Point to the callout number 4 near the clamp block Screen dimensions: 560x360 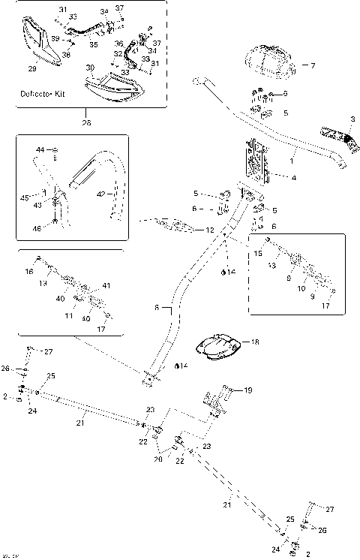293,178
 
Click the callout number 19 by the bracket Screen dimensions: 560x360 248,390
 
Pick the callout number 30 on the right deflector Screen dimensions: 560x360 90,68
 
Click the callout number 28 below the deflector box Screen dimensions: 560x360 86,123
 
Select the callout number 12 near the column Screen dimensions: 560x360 210,230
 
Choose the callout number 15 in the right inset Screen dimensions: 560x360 258,254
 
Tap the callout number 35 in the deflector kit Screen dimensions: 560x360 94,45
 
